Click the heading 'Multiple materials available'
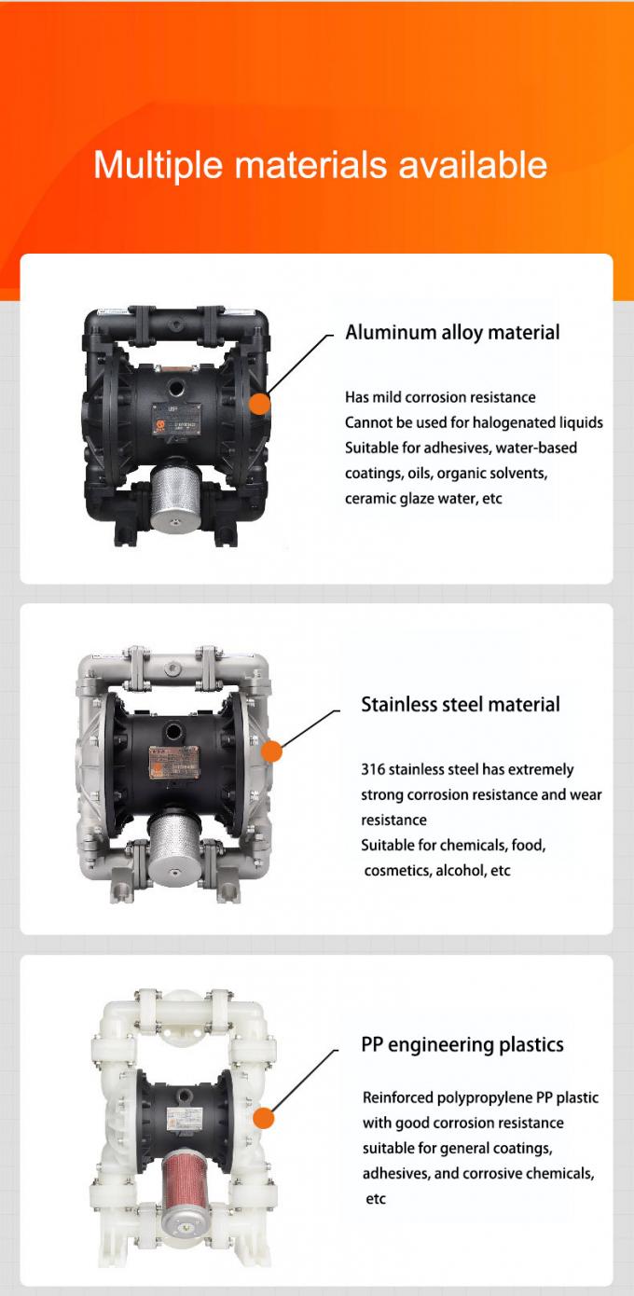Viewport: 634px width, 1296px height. (x=321, y=166)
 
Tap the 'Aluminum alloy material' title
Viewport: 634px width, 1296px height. (x=452, y=333)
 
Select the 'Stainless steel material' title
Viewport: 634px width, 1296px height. (x=461, y=705)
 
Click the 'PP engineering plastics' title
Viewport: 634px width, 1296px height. (x=462, y=1045)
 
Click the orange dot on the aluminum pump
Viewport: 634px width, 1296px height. (x=260, y=404)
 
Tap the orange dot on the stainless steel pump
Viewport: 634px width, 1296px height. (x=271, y=751)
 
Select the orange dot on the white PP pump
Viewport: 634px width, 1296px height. (x=264, y=1118)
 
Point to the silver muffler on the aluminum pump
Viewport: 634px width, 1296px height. (x=176, y=493)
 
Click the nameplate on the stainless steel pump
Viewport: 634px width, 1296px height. (x=174, y=763)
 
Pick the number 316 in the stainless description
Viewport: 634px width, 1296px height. (x=373, y=769)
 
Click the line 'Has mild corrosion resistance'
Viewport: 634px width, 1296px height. (x=440, y=397)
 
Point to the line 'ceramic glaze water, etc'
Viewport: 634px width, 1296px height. (x=423, y=499)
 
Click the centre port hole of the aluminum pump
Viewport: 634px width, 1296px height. (x=172, y=387)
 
